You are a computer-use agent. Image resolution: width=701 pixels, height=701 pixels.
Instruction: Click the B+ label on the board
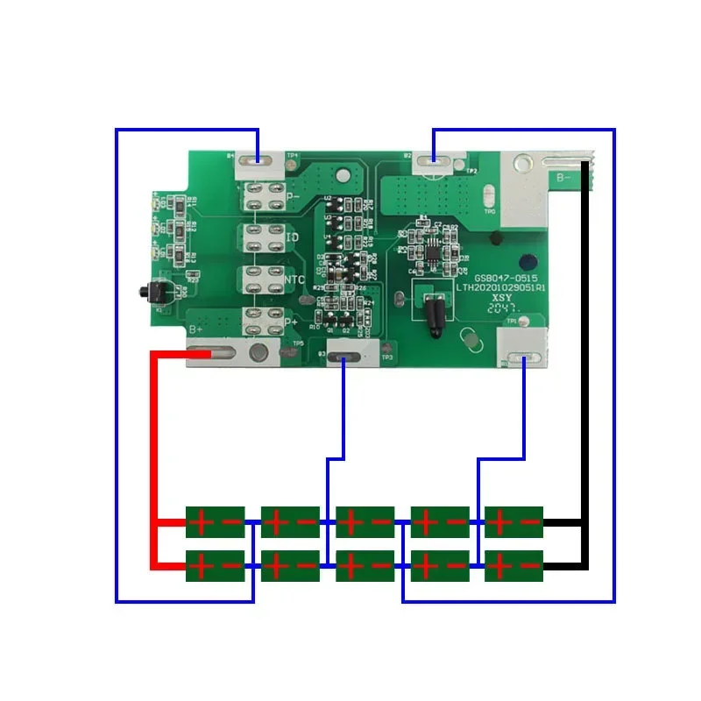click(198, 329)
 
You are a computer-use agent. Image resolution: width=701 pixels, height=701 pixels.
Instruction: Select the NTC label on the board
click(294, 280)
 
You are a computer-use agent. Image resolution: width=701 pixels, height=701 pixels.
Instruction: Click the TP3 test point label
click(386, 357)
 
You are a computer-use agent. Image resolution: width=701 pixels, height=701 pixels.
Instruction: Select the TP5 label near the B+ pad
click(298, 343)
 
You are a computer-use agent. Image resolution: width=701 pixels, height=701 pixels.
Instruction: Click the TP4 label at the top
click(292, 157)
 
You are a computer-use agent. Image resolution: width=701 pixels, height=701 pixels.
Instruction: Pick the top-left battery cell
click(215, 522)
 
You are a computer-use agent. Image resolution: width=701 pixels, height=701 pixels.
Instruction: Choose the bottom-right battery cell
click(513, 566)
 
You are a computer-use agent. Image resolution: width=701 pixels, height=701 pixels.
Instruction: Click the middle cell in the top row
click(365, 522)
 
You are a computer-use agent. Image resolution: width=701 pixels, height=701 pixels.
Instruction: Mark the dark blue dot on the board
click(528, 262)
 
